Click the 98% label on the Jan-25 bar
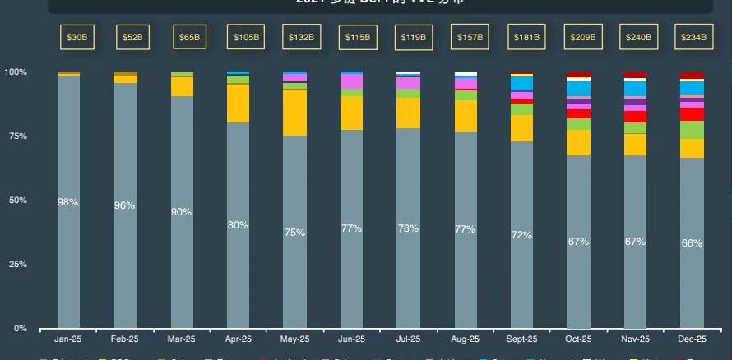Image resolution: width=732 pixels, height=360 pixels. (x=68, y=202)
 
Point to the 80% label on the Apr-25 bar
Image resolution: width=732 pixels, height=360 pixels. (x=239, y=225)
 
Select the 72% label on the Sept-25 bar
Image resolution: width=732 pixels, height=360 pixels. (x=522, y=235)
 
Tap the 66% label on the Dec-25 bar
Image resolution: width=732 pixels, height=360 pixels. (x=692, y=243)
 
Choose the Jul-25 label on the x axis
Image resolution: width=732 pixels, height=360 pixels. (x=409, y=339)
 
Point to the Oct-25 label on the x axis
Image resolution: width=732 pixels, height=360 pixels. (x=578, y=339)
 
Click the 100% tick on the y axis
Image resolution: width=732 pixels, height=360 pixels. (x=16, y=72)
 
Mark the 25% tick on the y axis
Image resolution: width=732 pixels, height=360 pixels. (x=17, y=265)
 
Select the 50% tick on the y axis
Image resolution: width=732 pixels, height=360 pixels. (x=17, y=201)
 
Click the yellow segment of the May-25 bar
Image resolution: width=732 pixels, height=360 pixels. (x=295, y=113)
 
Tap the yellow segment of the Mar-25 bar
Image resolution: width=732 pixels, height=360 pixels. (x=182, y=86)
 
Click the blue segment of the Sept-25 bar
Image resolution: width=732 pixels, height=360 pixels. (x=522, y=83)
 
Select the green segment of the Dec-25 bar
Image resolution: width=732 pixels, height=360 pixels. (x=692, y=130)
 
